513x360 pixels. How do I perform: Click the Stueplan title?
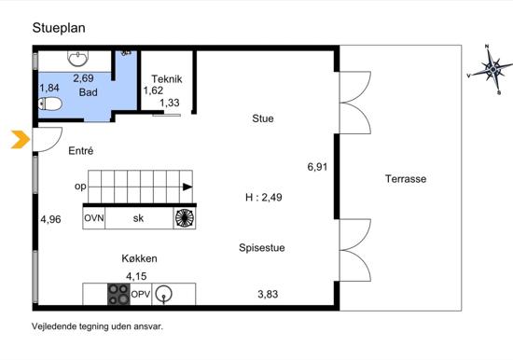coord(59,29)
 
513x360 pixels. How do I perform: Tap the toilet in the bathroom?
coord(50,104)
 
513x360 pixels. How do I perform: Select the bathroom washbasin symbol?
coord(77,58)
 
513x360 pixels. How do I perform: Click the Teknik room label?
coord(167,79)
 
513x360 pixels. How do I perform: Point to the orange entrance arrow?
coord(21,139)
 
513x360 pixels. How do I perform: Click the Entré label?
coord(81,151)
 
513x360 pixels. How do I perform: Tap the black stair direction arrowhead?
coord(187,187)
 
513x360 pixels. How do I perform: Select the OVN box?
coord(94,218)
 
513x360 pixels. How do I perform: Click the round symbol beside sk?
coord(185,217)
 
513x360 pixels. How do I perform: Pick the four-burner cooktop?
coord(118,294)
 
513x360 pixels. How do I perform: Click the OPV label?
coord(141,294)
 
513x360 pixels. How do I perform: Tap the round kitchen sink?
coord(163,294)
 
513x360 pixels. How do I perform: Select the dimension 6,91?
coord(317,167)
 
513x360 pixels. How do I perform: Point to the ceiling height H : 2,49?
coord(264,198)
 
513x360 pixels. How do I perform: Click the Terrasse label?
coord(406,179)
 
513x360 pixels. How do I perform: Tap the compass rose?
coord(492,69)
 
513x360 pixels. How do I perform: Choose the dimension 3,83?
coord(268,294)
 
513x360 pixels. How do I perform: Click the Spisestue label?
coord(262,248)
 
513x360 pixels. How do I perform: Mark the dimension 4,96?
coord(50,219)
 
